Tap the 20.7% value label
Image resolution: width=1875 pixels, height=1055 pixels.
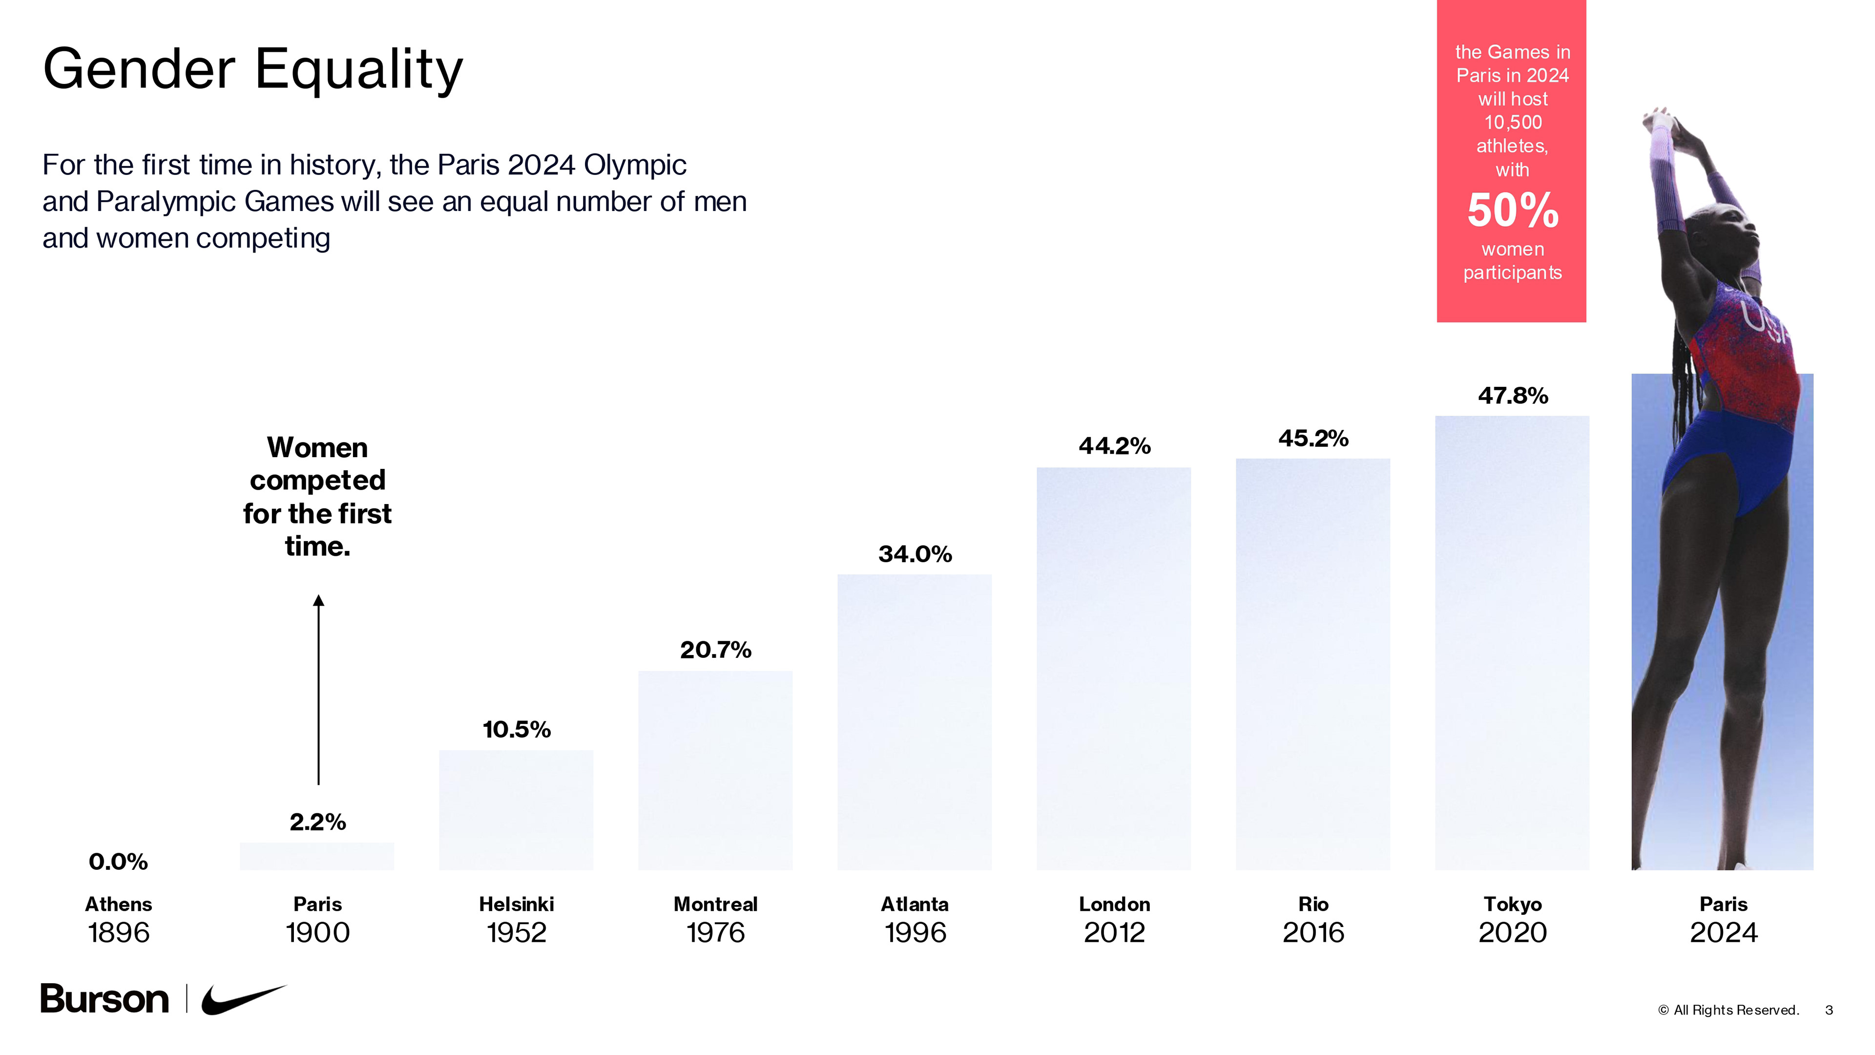click(715, 650)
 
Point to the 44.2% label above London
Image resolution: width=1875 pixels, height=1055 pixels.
click(1114, 445)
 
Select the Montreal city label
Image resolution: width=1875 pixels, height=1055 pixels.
click(715, 904)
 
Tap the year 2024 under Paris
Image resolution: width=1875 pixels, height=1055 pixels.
click(1723, 933)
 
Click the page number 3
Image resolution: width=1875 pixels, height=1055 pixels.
click(1829, 1010)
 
